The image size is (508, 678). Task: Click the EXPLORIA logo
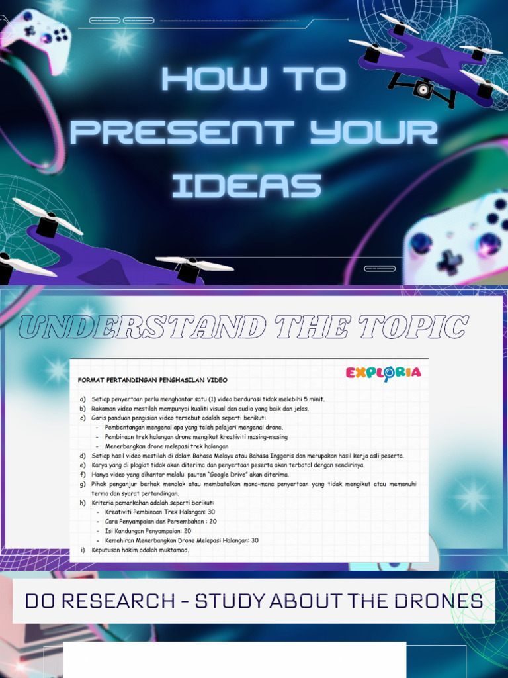click(383, 373)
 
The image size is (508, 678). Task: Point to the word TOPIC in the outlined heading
click(417, 327)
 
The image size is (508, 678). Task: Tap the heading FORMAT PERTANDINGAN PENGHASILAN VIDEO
click(153, 381)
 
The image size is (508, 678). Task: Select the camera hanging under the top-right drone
click(423, 89)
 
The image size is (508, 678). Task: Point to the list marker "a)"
click(83, 399)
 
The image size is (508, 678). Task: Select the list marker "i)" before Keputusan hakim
click(83, 550)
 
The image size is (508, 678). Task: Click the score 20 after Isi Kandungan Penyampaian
click(188, 531)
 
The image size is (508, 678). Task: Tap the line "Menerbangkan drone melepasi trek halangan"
click(167, 446)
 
